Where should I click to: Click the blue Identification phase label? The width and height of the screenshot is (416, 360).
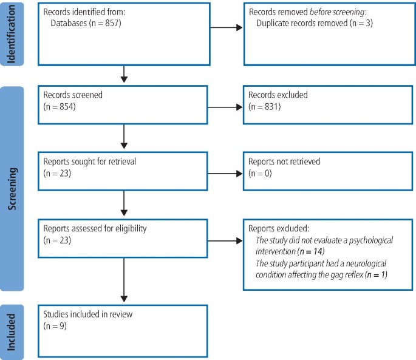12,33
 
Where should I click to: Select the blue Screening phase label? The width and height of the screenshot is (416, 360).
12,188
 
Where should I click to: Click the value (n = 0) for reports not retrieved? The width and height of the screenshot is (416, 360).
261,175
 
